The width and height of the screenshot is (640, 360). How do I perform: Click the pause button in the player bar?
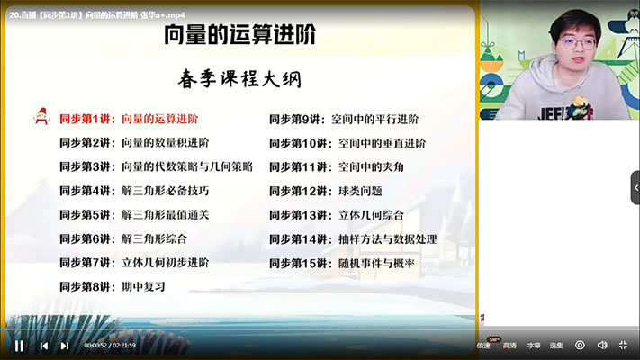[x=19, y=345]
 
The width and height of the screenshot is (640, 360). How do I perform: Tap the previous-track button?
[x=43, y=346]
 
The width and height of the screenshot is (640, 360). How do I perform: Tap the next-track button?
[x=64, y=346]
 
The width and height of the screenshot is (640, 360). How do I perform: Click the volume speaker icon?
[x=601, y=345]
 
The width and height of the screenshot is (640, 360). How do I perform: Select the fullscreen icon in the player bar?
[x=623, y=345]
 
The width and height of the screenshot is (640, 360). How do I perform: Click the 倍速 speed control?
[x=484, y=345]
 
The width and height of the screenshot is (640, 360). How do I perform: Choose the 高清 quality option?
[x=509, y=345]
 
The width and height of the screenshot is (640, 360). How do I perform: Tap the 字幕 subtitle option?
[x=535, y=345]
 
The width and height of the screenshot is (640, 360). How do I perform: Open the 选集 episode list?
[x=557, y=345]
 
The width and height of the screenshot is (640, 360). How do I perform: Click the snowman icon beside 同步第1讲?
[x=41, y=117]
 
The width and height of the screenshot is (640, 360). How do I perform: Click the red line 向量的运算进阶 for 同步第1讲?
[x=159, y=119]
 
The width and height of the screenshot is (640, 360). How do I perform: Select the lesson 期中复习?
[x=143, y=286]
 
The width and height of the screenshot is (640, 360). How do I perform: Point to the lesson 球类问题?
[x=360, y=191]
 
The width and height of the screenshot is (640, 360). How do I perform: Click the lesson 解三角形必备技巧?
[x=166, y=191]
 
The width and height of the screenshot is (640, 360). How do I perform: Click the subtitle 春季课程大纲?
[x=239, y=79]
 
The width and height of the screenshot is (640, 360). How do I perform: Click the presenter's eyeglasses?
[x=576, y=42]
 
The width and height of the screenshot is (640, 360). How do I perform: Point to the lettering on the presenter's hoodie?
[x=562, y=114]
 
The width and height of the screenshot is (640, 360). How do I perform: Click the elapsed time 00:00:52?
[x=95, y=346]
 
